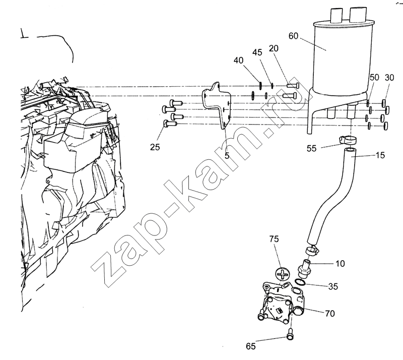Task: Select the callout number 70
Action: click(x=329, y=313)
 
